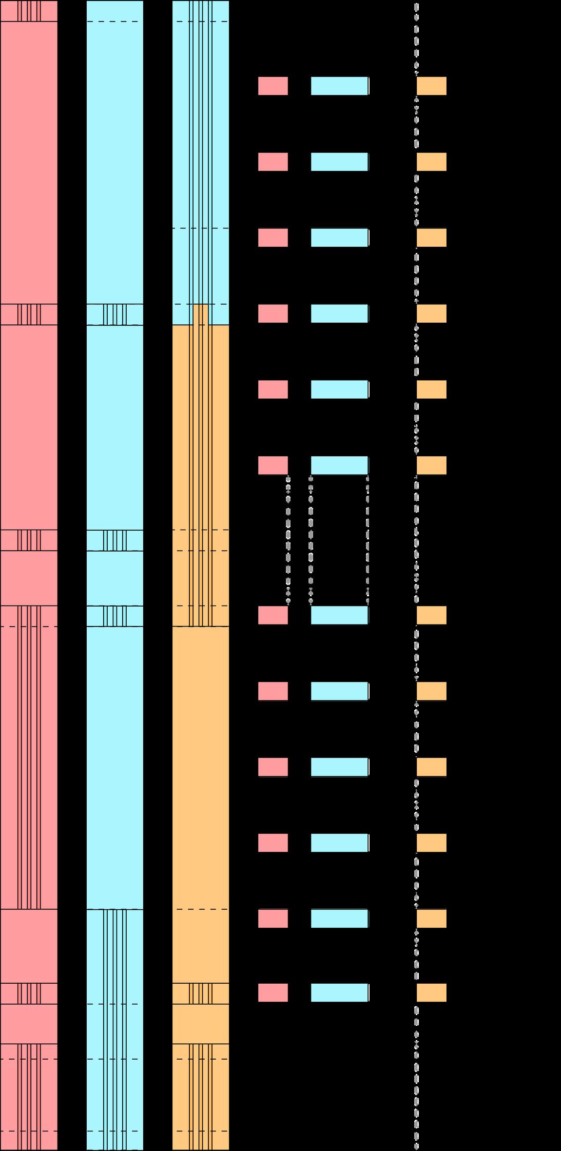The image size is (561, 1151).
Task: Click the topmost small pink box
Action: [x=273, y=86]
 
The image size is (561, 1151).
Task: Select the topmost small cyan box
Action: [x=339, y=86]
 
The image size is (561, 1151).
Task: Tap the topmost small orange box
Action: [x=431, y=86]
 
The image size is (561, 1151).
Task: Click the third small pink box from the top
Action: [x=273, y=238]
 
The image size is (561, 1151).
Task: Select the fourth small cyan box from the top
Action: [x=339, y=314]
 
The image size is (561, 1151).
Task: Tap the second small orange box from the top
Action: [x=431, y=162]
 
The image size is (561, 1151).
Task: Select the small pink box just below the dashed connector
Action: [x=273, y=615]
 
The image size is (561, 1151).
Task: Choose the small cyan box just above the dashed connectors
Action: [x=339, y=465]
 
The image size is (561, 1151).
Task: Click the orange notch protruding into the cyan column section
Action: [x=200, y=314]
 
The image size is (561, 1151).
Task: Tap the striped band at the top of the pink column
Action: [x=29, y=11]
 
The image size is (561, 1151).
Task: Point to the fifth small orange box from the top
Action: [x=431, y=389]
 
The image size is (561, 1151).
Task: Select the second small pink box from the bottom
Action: [x=273, y=919]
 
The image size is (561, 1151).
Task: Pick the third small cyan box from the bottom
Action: [x=339, y=843]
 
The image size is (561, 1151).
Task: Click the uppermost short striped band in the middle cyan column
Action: [x=114, y=314]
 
